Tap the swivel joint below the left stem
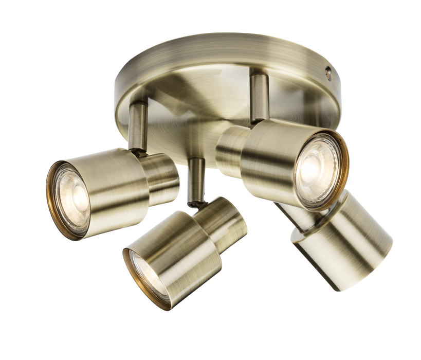(x=139, y=150)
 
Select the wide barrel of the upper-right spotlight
(x=267, y=159)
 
